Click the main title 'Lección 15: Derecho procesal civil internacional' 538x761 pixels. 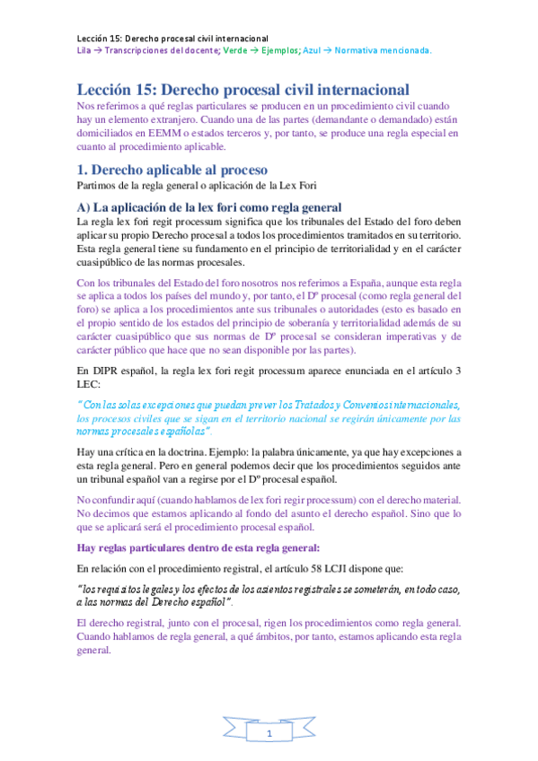(243, 90)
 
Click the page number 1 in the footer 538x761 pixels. (269, 735)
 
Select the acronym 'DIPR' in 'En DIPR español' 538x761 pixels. (107, 371)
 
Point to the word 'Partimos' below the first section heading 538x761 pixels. (98, 187)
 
